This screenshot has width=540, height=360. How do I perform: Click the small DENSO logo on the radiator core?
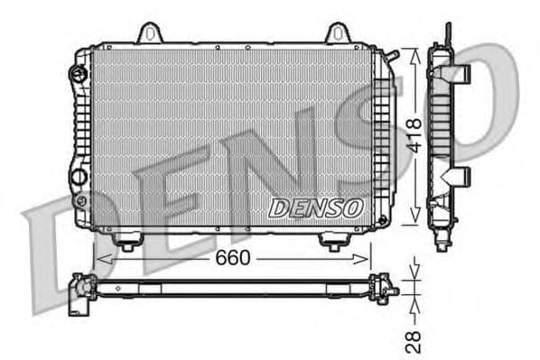(x=315, y=208)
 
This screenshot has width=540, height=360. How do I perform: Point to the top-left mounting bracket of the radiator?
(x=152, y=33)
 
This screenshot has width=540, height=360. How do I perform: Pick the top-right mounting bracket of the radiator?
(x=336, y=33)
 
